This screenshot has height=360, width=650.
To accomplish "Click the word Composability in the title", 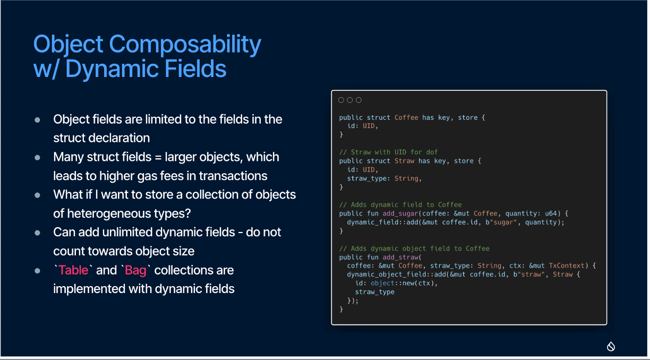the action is point(185,45).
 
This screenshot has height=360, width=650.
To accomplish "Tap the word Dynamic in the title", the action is point(112,70).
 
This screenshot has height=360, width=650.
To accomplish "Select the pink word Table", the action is point(73,270).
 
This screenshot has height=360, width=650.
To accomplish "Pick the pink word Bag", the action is point(135,271).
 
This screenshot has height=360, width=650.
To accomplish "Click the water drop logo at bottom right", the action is point(611,346).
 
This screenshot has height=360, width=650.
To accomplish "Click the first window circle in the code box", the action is point(341,100).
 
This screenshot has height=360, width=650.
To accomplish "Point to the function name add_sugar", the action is point(400,213).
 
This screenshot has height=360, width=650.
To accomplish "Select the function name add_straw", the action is point(400,258).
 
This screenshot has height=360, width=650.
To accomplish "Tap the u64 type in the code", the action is point(551,213).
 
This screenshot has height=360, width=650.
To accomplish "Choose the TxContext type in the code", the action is point(567,265).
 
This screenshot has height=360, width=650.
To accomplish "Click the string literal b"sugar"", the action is point(501,222).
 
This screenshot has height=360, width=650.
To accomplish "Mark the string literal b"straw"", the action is point(529,275).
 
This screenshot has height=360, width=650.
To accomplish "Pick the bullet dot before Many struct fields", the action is point(37,158).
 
